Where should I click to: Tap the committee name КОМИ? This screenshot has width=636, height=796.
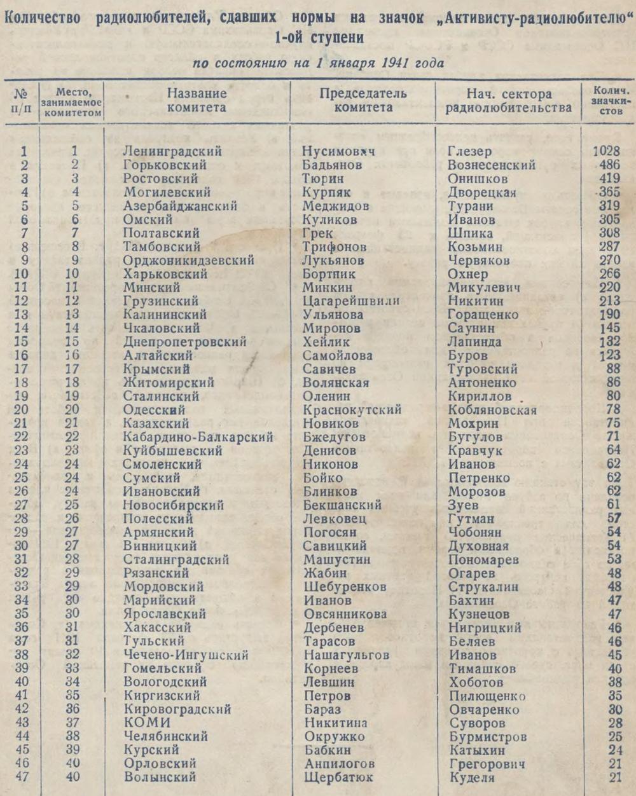pyautogui.click(x=147, y=722)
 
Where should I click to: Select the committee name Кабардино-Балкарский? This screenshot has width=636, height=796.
pyautogui.click(x=198, y=437)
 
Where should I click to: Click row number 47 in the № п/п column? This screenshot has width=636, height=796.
pyautogui.click(x=24, y=776)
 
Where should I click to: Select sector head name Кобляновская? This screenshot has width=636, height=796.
pyautogui.click(x=492, y=409)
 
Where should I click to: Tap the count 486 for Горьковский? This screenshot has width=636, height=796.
pyautogui.click(x=607, y=165)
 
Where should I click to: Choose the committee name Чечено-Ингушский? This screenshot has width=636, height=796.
pyautogui.click(x=185, y=654)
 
